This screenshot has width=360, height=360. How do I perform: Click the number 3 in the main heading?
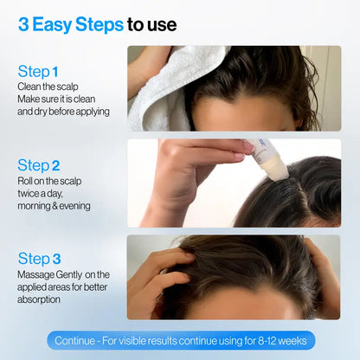(x=24, y=24)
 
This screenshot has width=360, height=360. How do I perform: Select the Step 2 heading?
(x=39, y=164)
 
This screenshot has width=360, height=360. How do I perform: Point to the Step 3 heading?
(x=39, y=259)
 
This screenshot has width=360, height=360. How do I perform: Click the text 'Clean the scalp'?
(x=47, y=87)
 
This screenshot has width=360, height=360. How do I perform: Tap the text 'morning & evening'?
(x=53, y=206)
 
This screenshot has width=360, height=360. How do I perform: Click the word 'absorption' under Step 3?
(x=41, y=299)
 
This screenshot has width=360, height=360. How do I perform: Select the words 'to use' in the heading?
(x=152, y=24)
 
